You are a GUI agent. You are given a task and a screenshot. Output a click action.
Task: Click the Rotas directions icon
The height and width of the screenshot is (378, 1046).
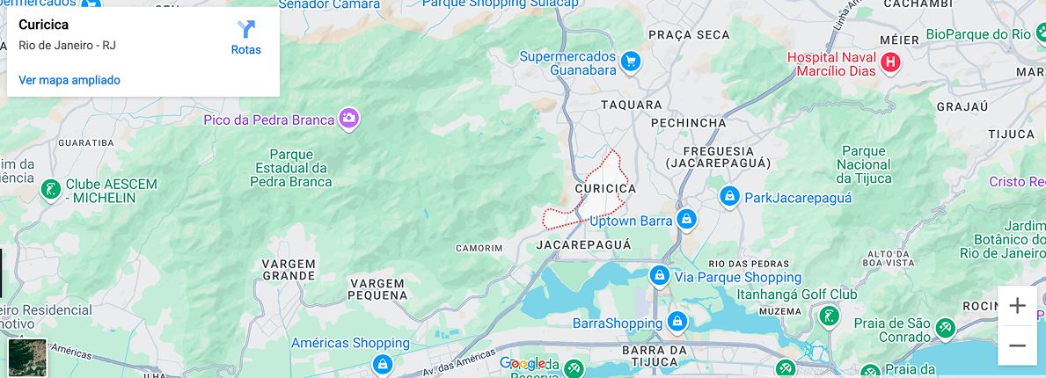246,29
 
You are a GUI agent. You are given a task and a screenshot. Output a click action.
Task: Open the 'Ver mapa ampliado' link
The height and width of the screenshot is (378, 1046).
69,80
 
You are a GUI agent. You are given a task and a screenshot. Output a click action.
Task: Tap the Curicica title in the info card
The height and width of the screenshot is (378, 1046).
43,25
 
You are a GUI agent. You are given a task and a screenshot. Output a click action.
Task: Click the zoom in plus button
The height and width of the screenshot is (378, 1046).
1017,306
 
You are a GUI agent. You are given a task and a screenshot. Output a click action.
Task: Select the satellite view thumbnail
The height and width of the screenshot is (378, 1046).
27,357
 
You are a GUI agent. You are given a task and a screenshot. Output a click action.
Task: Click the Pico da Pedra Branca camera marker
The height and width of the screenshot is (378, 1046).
349,119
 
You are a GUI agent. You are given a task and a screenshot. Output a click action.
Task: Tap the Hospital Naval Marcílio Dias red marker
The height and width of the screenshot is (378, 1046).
890,62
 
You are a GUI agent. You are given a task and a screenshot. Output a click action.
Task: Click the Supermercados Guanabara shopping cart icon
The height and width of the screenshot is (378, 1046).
630,62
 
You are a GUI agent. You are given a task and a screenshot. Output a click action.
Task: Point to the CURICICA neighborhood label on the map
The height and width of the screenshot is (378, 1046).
605,188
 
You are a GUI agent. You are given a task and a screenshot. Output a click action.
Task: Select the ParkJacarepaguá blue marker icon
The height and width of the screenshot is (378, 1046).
728,195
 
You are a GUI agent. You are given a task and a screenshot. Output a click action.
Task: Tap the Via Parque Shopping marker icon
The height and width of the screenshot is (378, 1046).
659,276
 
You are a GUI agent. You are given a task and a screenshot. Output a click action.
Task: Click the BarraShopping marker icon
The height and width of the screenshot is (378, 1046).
677,322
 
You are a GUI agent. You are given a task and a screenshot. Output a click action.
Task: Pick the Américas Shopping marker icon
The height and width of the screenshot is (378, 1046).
382,362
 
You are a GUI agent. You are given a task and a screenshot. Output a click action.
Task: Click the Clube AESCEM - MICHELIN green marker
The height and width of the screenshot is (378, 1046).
51,188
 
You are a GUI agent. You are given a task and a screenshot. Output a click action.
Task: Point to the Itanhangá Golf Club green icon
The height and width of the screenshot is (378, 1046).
829,315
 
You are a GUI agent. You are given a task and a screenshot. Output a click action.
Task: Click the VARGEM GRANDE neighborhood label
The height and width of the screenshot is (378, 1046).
289,269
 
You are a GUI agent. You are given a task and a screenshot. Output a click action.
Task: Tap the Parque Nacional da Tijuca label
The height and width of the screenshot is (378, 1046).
864,164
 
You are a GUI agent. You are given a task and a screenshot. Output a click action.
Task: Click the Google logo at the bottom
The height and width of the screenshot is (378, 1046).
523,364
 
